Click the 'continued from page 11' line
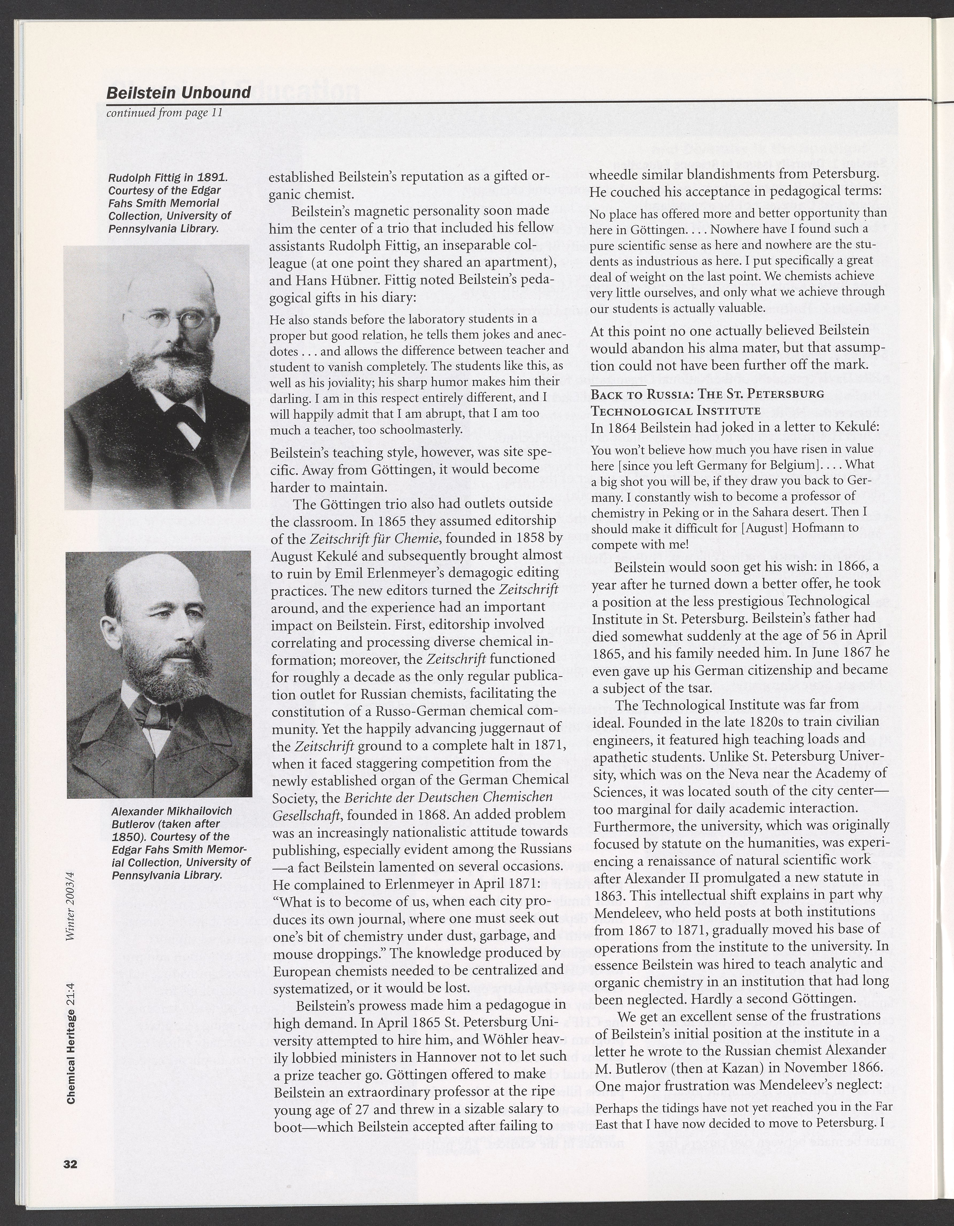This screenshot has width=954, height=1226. (x=165, y=113)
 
